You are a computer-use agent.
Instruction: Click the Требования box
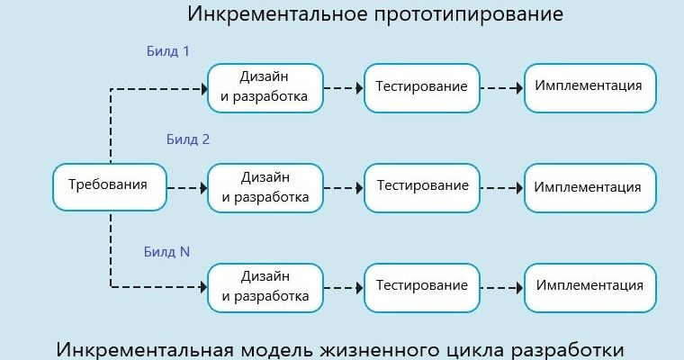[x=110, y=186]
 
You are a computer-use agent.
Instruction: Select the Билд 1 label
[x=168, y=51]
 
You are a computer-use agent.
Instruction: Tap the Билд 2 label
[x=188, y=139]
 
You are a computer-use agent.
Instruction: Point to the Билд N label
[x=166, y=252]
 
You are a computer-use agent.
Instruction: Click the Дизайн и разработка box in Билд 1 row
[x=264, y=87]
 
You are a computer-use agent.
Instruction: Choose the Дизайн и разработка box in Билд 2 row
[x=264, y=187]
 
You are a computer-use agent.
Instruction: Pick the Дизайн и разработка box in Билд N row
[x=264, y=286]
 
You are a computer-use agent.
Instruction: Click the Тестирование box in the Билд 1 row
[x=422, y=87]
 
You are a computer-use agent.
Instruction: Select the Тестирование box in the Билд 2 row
[x=422, y=187]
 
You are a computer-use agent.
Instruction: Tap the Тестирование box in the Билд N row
[x=422, y=286]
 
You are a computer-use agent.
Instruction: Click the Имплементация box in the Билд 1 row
[x=589, y=87]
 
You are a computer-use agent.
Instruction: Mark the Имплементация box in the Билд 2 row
[x=589, y=187]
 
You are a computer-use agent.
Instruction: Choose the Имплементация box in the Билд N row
[x=589, y=286]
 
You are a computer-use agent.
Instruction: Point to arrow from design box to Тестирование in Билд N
[x=342, y=287]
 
